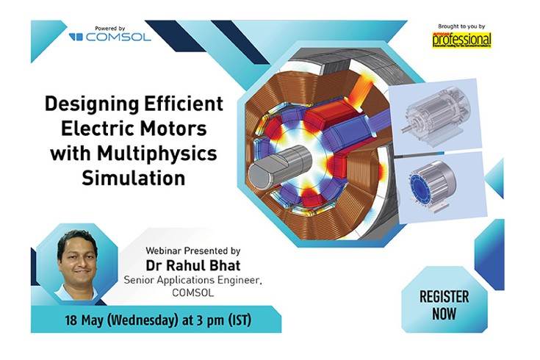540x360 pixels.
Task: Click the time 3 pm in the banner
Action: coord(217,321)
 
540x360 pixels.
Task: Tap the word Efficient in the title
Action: coord(184,103)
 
